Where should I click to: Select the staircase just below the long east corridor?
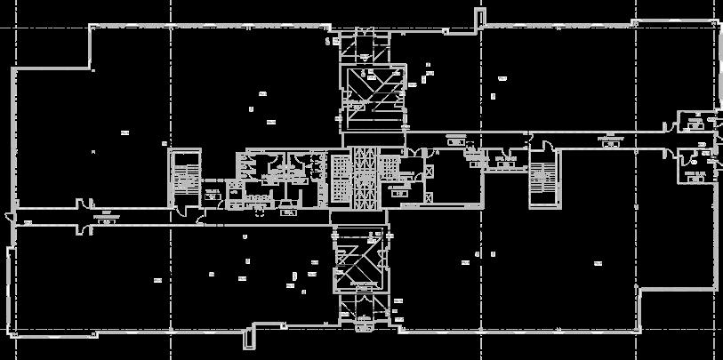pyautogui.click(x=543, y=178)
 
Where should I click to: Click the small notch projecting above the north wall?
pyautogui.click(x=481, y=17)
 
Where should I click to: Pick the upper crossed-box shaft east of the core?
pyautogui.click(x=429, y=171)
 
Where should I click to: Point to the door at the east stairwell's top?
pyautogui.click(x=537, y=142)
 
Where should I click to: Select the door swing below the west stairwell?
pyautogui.click(x=178, y=210)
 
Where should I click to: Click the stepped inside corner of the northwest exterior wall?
pyautogui.click(x=92, y=68)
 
